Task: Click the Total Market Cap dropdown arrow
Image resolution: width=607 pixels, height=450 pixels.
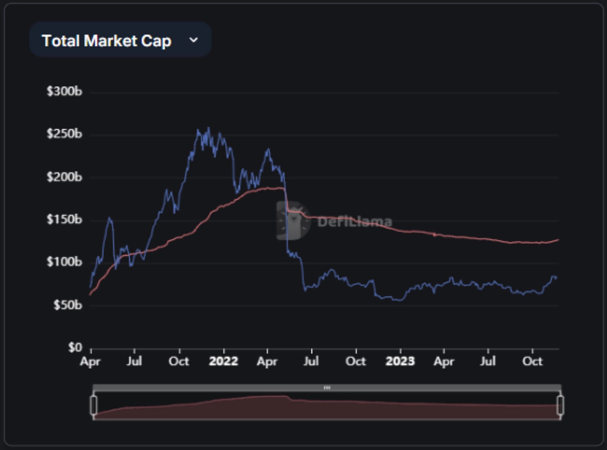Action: pyautogui.click(x=193, y=40)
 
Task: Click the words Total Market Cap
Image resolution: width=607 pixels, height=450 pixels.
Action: pyautogui.click(x=106, y=41)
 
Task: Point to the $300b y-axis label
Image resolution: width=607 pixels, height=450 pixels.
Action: pyautogui.click(x=64, y=91)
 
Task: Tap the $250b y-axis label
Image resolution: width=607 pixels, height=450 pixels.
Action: pyautogui.click(x=64, y=134)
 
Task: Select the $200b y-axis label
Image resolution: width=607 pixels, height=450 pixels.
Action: pyautogui.click(x=64, y=177)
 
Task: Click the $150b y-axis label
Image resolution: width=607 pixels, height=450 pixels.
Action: pyautogui.click(x=64, y=219)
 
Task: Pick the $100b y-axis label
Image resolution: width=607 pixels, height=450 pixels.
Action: pyautogui.click(x=64, y=262)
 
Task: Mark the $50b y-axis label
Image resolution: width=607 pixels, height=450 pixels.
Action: pyautogui.click(x=67, y=305)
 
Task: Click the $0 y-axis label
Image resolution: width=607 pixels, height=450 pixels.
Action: pyautogui.click(x=75, y=348)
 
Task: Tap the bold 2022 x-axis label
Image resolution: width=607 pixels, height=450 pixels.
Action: pyautogui.click(x=223, y=361)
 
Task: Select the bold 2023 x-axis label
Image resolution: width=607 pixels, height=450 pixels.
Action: pyautogui.click(x=400, y=361)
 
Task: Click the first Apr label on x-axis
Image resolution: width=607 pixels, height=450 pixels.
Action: pyautogui.click(x=90, y=362)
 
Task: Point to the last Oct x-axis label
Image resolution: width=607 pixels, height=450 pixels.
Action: pyautogui.click(x=532, y=361)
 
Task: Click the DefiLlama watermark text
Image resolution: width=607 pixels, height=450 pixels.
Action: pyautogui.click(x=354, y=222)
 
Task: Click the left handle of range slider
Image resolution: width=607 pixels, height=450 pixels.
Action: pyautogui.click(x=94, y=405)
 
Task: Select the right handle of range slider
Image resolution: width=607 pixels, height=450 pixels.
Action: pyautogui.click(x=560, y=405)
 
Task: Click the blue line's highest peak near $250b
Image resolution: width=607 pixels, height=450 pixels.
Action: pyautogui.click(x=208, y=128)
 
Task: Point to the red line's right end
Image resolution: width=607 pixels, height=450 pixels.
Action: pyautogui.click(x=558, y=240)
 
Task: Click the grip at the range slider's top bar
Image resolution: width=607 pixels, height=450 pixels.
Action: pyautogui.click(x=327, y=387)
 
